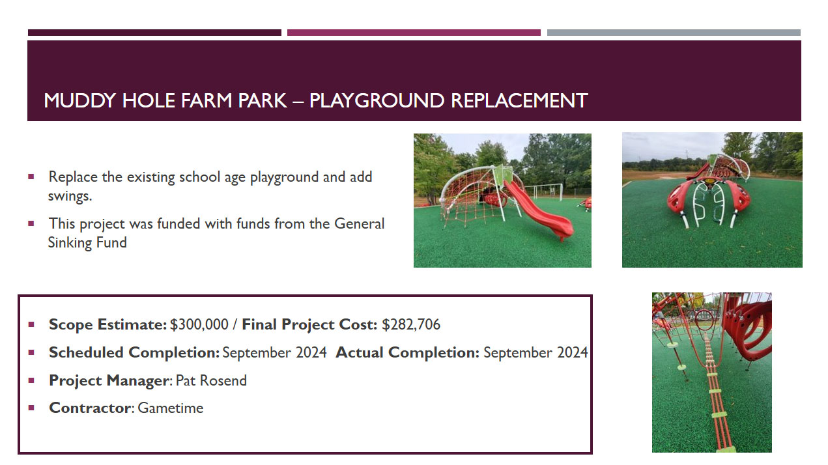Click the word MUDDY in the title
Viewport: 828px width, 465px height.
click(80, 100)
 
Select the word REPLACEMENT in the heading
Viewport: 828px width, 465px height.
click(519, 100)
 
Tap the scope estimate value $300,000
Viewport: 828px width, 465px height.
click(199, 324)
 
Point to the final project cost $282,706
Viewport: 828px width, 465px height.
click(411, 324)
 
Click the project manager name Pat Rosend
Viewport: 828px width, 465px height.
click(211, 380)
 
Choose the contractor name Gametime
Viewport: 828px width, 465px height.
click(171, 408)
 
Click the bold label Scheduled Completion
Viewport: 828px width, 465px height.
click(134, 352)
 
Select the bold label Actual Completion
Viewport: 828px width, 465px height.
click(407, 352)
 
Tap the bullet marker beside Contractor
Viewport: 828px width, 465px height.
click(31, 408)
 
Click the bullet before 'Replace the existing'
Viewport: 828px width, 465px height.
click(31, 176)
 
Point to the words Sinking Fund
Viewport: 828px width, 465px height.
click(87, 242)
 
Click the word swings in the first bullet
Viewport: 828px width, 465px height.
click(69, 196)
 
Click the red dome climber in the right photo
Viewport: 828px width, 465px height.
click(708, 199)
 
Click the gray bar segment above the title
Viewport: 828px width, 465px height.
click(674, 33)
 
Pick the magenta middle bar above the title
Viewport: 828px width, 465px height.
click(414, 33)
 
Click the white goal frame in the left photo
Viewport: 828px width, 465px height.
click(543, 191)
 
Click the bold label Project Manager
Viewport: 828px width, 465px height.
click(109, 380)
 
